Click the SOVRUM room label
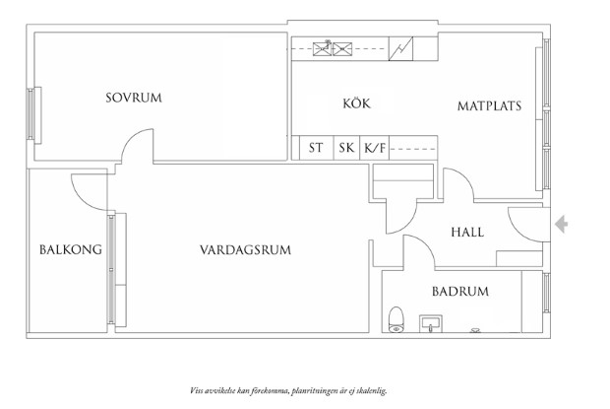click(x=135, y=98)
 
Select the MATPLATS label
click(x=489, y=106)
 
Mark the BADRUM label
click(x=460, y=292)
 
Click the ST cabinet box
click(x=316, y=149)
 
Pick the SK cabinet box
click(x=346, y=149)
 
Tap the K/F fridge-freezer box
click(x=375, y=149)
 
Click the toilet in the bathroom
click(x=396, y=319)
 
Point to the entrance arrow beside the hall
click(x=561, y=226)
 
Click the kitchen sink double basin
click(x=334, y=46)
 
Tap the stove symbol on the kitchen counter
click(x=401, y=46)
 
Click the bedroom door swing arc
click(x=136, y=149)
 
